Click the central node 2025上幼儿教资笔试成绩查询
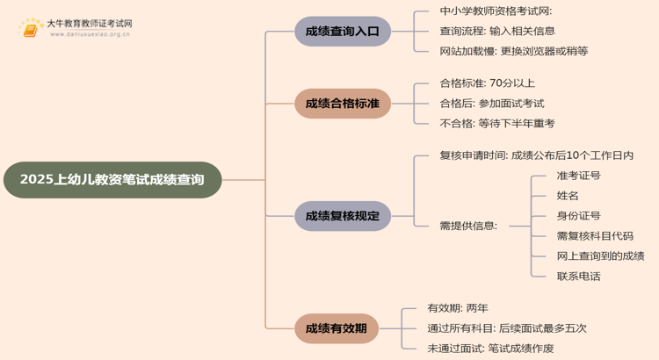[x=112, y=180]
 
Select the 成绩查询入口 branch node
[x=343, y=32]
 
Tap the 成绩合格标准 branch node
[x=343, y=104]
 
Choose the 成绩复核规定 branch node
[x=343, y=216]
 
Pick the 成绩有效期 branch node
[x=337, y=328]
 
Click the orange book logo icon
[x=31, y=29]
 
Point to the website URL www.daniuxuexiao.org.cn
[x=90, y=34]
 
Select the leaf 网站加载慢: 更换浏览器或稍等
[x=514, y=51]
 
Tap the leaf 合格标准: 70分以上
[x=488, y=83]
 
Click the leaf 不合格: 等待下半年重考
[x=497, y=124]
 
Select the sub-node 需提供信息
[x=468, y=226]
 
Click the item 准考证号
[x=579, y=176]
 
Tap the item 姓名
[x=568, y=196]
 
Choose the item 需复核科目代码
[x=595, y=236]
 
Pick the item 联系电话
[x=579, y=277]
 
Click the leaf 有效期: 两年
[x=458, y=308]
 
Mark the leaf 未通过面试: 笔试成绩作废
[x=490, y=349]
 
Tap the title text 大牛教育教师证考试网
[x=90, y=24]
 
